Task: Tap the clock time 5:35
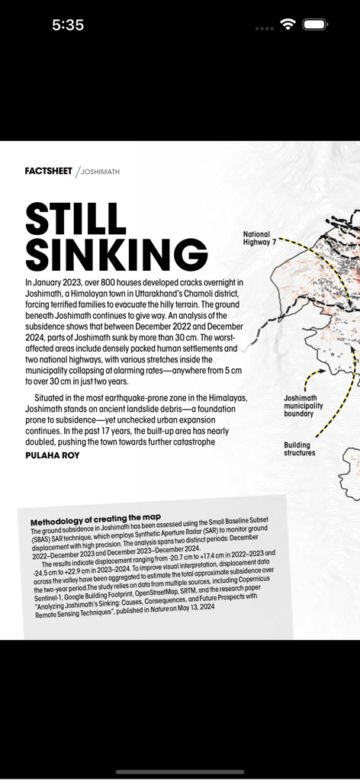tap(68, 25)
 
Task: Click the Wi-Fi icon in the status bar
tap(288, 24)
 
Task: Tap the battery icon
tap(315, 24)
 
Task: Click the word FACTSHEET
tap(48, 172)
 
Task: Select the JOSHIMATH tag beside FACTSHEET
tap(100, 172)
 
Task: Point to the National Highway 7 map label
tap(260, 238)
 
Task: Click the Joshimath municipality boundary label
tap(300, 406)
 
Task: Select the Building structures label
tap(299, 449)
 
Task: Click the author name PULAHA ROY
tap(53, 455)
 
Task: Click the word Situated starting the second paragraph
tap(53, 398)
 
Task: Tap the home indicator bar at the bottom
tap(180, 771)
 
